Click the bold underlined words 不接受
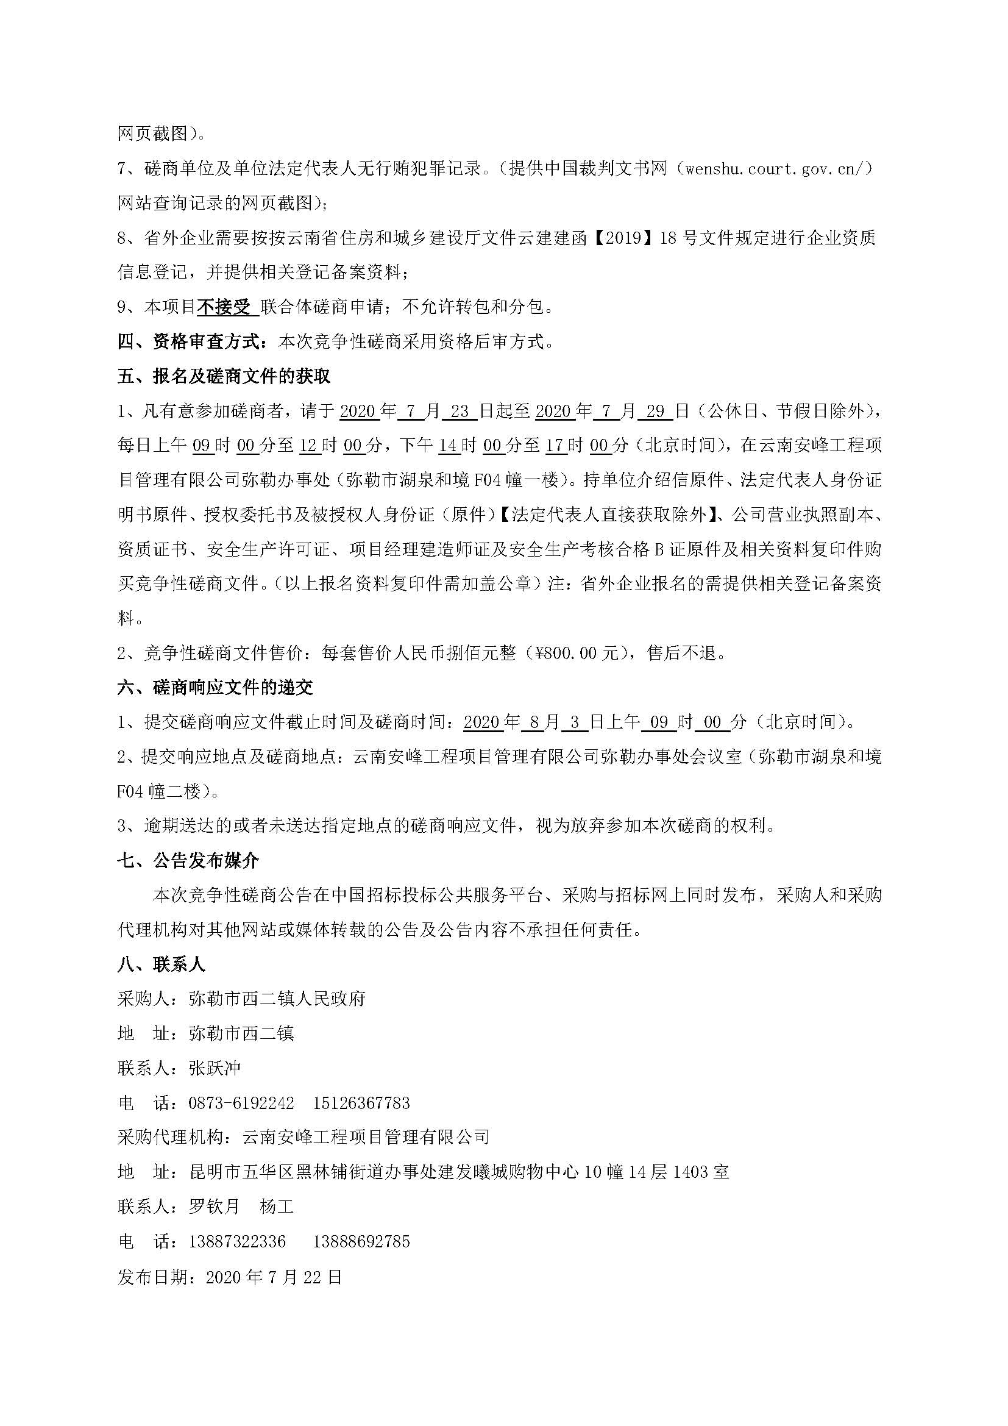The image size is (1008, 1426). point(225,307)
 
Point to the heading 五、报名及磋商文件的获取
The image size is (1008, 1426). point(224,376)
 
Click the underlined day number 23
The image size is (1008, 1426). point(460,410)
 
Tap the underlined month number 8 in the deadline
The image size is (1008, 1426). point(534,722)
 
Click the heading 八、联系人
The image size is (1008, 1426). point(161,964)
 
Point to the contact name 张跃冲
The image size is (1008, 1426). point(214,1068)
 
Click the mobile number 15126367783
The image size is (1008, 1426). point(361,1103)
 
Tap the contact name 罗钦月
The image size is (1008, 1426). point(214,1206)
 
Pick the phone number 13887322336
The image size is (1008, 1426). point(236,1241)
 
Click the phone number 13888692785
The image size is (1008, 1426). point(361,1241)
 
